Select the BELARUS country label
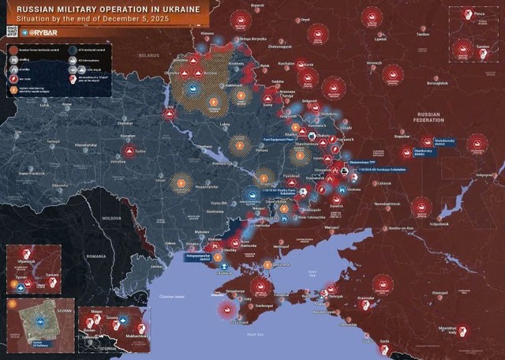[x=148, y=56]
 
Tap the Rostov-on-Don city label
[x=402, y=228]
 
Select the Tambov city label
[x=423, y=35]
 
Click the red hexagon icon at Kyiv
[x=170, y=114]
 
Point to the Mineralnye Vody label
[x=447, y=330]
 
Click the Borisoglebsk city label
[x=436, y=82]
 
